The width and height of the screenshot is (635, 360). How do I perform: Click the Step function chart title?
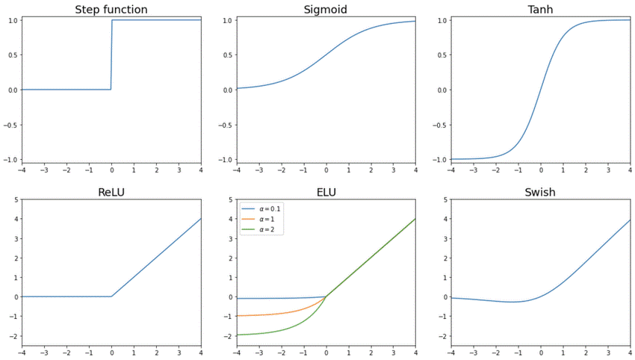pyautogui.click(x=111, y=10)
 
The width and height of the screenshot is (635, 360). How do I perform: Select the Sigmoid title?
pyautogui.click(x=325, y=10)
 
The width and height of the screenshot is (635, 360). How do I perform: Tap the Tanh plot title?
pyautogui.click(x=541, y=10)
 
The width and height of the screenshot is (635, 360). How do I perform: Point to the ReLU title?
pyautogui.click(x=111, y=192)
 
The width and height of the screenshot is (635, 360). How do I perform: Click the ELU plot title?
pyautogui.click(x=326, y=192)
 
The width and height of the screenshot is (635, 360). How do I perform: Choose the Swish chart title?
pyautogui.click(x=541, y=192)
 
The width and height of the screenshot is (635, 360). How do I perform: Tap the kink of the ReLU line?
pyautogui.click(x=111, y=297)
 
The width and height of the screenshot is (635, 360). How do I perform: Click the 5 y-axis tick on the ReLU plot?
pyautogui.click(x=16, y=200)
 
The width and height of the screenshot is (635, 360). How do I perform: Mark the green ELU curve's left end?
pyautogui.click(x=238, y=335)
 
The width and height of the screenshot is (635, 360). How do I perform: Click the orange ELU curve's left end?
pyautogui.click(x=238, y=316)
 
